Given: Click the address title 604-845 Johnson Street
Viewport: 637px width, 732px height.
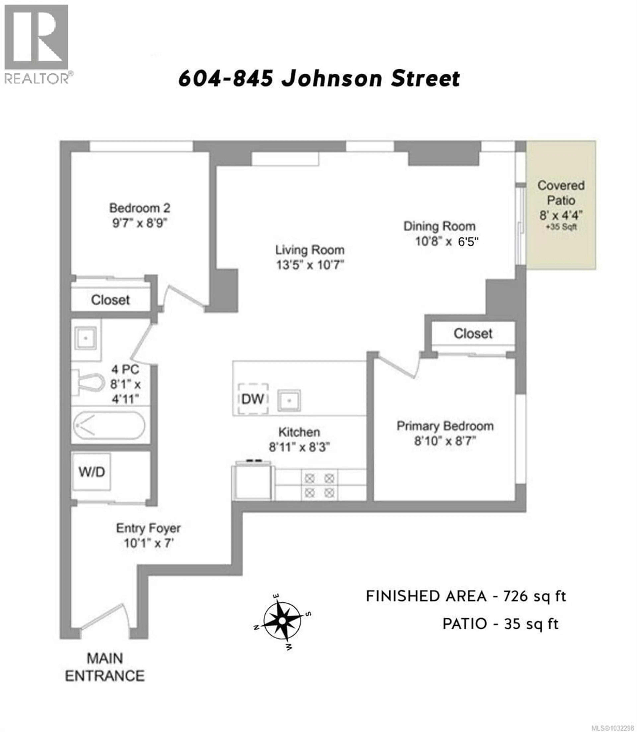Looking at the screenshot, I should [319, 79].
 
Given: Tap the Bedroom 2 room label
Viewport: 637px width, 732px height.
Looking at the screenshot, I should [140, 208].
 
